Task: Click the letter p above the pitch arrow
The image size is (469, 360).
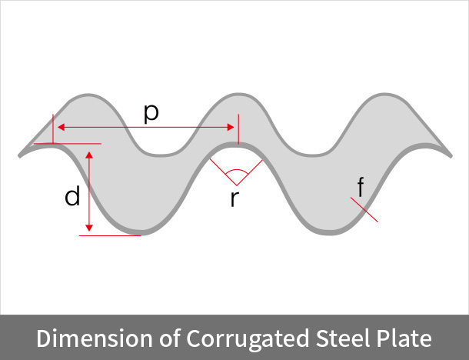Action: pyautogui.click(x=151, y=113)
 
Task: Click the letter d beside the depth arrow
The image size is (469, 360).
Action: pyautogui.click(x=72, y=197)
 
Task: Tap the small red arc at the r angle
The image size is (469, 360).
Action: pyautogui.click(x=236, y=171)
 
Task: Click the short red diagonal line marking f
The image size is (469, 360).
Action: pyautogui.click(x=364, y=210)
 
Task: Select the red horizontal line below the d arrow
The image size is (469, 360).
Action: pyautogui.click(x=111, y=235)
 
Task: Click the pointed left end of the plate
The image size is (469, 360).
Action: pyautogui.click(x=19, y=155)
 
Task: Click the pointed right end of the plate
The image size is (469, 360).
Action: pyautogui.click(x=449, y=155)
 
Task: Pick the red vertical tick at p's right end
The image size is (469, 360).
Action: pyautogui.click(x=238, y=129)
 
